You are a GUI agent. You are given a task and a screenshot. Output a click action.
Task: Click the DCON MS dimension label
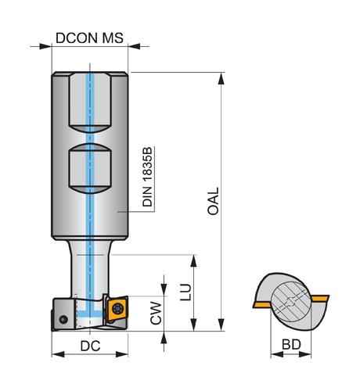(x=89, y=38)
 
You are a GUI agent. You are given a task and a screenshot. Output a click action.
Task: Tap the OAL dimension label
(x=213, y=201)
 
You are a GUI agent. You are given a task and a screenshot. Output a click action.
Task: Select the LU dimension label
(x=185, y=292)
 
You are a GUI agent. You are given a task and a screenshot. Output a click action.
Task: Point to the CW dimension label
(x=156, y=313)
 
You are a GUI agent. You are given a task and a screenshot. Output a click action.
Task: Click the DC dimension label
(x=90, y=346)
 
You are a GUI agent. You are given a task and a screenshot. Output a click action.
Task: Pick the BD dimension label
(x=291, y=345)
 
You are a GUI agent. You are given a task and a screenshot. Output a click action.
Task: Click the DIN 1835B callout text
(x=147, y=177)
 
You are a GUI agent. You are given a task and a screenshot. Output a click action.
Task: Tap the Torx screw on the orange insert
(x=117, y=309)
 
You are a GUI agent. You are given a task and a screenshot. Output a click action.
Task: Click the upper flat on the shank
(x=90, y=102)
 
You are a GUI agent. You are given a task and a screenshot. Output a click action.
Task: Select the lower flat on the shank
(x=90, y=169)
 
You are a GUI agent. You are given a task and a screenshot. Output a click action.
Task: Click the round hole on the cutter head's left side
(x=63, y=319)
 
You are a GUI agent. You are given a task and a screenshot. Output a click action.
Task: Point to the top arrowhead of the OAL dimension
(x=221, y=78)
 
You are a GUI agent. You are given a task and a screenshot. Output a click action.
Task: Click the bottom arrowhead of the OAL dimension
(x=221, y=325)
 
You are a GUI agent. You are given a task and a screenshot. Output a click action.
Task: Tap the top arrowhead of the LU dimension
(x=193, y=261)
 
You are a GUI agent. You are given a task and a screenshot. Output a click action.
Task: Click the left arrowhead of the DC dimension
(x=58, y=354)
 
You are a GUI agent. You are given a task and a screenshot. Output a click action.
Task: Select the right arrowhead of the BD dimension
(x=305, y=354)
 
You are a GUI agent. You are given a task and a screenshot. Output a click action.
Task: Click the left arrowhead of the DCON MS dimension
(x=45, y=46)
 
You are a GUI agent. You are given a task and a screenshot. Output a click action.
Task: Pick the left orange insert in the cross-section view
(x=262, y=305)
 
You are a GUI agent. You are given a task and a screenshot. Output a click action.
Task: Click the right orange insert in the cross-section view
(x=320, y=298)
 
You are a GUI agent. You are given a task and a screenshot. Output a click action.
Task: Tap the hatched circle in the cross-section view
(x=291, y=302)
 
